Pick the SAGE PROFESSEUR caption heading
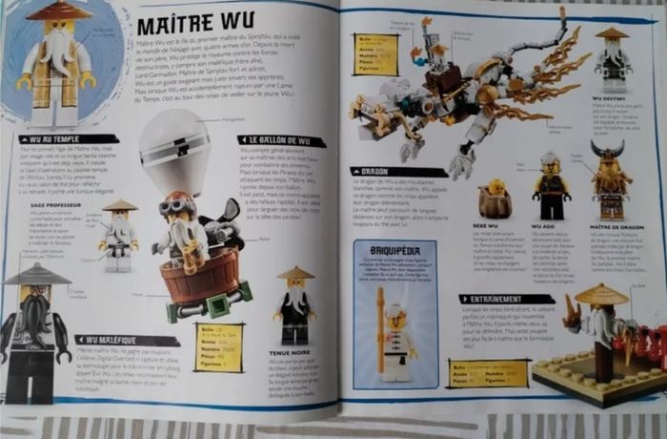pos(53,204)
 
